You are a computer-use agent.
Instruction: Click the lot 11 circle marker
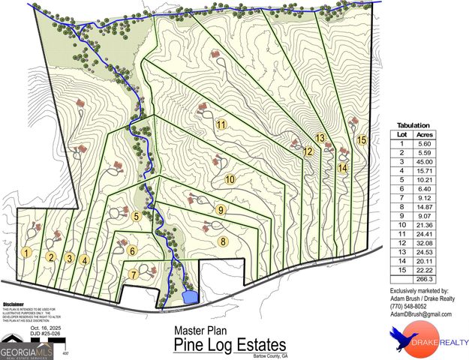(221, 124)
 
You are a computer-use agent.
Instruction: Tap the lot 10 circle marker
(230, 179)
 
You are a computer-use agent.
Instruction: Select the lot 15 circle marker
(362, 139)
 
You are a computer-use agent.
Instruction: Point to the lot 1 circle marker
(27, 253)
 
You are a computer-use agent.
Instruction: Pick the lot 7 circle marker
(136, 217)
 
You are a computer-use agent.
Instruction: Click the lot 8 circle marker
(222, 241)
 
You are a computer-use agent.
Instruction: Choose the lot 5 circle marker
(136, 217)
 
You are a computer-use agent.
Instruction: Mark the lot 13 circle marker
(320, 138)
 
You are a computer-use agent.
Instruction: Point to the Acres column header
(428, 134)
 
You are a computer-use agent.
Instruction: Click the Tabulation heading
(413, 125)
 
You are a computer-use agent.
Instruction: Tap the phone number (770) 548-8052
(408, 307)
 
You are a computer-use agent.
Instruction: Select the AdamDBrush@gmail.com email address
(421, 315)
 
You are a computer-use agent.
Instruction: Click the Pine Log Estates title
(230, 345)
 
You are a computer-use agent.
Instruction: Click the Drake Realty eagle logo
(406, 341)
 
